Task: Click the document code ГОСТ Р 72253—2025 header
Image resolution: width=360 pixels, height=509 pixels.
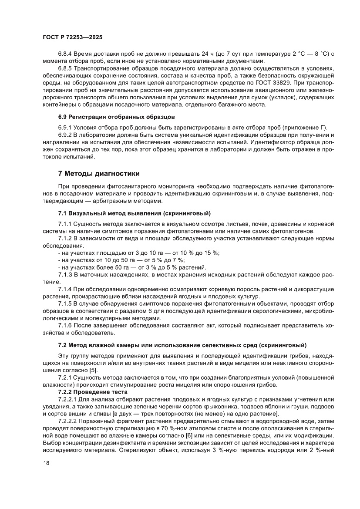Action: point(72,37)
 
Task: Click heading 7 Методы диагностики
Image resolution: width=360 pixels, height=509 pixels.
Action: point(99,173)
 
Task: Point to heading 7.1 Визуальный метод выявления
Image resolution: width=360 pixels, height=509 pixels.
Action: point(135,213)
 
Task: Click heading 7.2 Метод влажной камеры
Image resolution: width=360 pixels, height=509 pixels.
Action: point(182,345)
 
